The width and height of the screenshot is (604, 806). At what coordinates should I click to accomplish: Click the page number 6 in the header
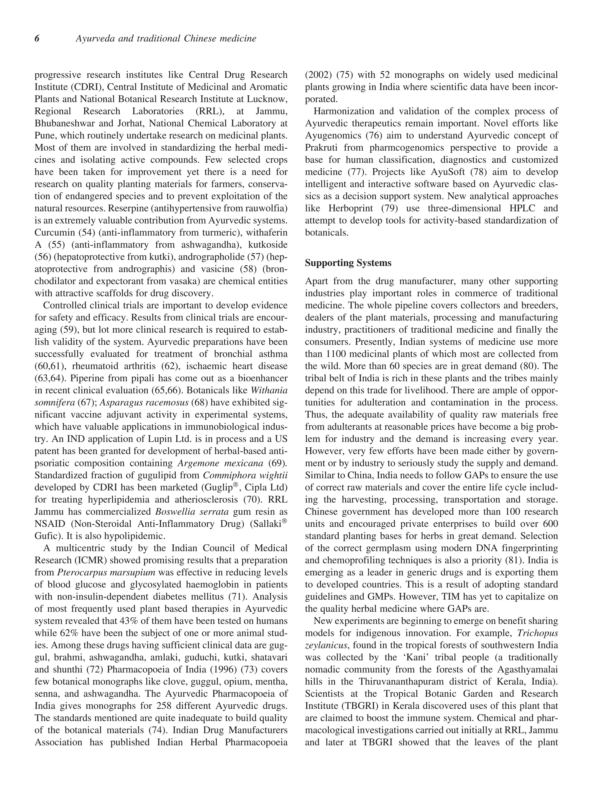coord(37,38)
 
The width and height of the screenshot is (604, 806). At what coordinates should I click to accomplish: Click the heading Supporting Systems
coord(348,263)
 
